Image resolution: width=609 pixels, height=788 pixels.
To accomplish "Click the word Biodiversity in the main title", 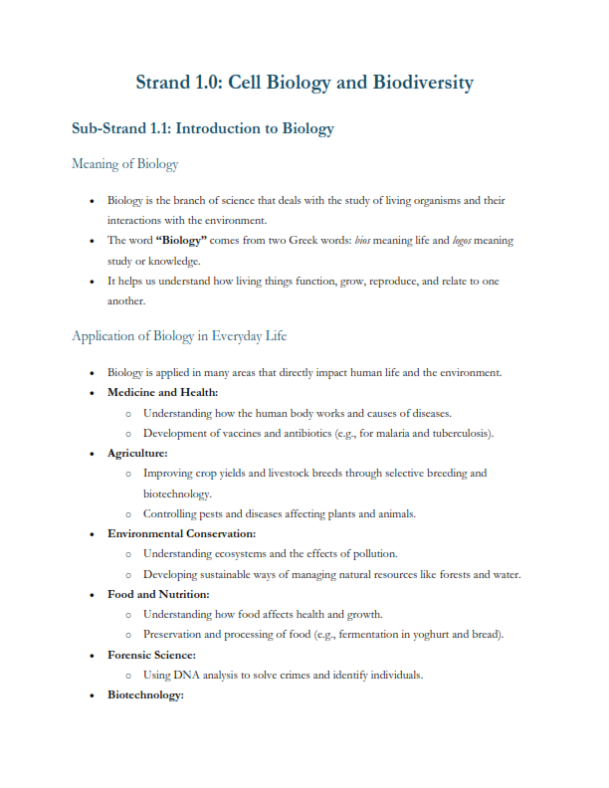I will tap(423, 83).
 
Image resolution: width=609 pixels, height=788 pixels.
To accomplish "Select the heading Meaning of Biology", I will tap(124, 164).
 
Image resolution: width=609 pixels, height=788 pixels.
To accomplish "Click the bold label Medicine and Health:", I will tap(162, 393).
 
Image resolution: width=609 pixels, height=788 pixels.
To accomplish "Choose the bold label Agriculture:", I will tap(137, 453).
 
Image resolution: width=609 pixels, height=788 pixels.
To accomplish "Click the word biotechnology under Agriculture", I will tap(177, 493).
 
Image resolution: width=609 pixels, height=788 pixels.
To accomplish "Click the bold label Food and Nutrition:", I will tap(158, 595).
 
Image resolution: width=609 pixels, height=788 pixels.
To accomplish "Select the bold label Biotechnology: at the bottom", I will tap(145, 695).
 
